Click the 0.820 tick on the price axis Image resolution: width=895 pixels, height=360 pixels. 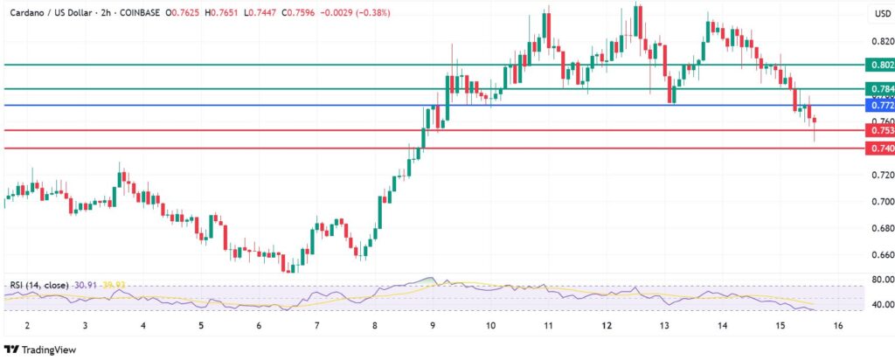click(881, 41)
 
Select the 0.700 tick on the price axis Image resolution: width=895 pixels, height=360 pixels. click(881, 202)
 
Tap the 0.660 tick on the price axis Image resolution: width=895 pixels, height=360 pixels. click(881, 255)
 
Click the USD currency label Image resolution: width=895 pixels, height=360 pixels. click(882, 14)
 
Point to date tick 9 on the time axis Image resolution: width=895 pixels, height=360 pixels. click(433, 324)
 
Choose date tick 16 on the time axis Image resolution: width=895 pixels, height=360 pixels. click(838, 324)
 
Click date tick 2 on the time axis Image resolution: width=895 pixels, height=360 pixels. click(28, 324)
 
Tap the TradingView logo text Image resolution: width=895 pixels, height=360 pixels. click(48, 348)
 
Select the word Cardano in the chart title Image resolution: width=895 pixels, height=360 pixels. click(28, 13)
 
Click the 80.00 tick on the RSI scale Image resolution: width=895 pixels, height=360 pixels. click(881, 280)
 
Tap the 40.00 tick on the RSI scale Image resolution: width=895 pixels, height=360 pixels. click(881, 305)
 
